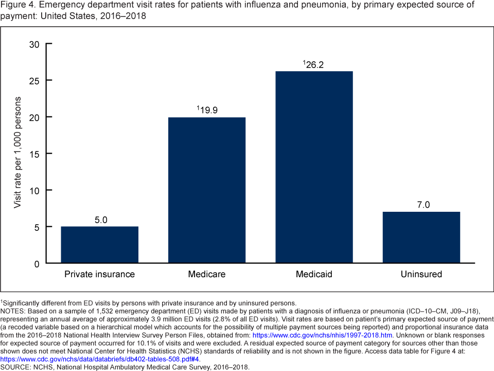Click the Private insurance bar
pyautogui.click(x=99, y=245)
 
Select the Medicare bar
pyautogui.click(x=207, y=190)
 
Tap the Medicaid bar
pyautogui.click(x=314, y=167)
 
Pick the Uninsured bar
pyautogui.click(x=421, y=238)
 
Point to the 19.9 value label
pyautogui.click(x=207, y=110)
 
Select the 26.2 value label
pyautogui.click(x=314, y=64)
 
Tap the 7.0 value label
pyautogui.click(x=422, y=205)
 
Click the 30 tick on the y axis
pyautogui.click(x=34, y=44)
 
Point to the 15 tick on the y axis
pyautogui.click(x=34, y=154)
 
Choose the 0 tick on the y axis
pyautogui.click(x=37, y=263)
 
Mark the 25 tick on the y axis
pyautogui.click(x=34, y=80)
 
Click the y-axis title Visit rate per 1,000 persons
pyautogui.click(x=18, y=153)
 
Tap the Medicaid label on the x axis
pyautogui.click(x=314, y=274)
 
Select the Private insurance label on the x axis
pyautogui.click(x=99, y=274)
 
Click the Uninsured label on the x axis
pyautogui.click(x=421, y=274)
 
